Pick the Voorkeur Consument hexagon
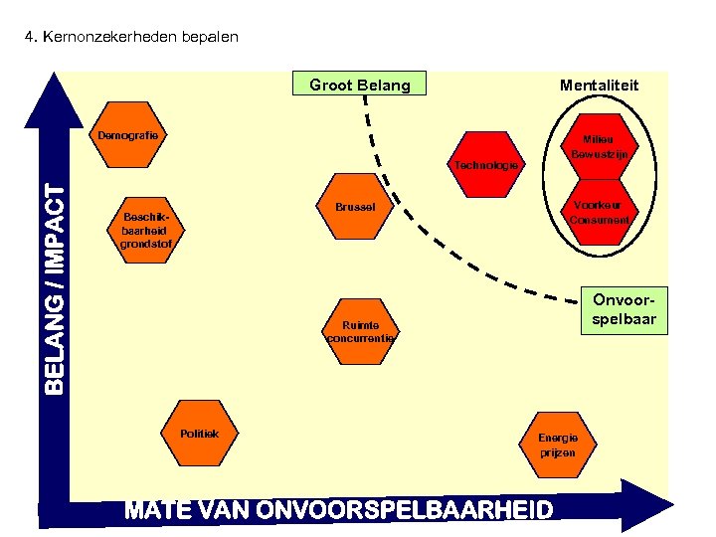[x=599, y=212]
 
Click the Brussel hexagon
[x=355, y=209]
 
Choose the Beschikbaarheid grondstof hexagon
[x=146, y=230]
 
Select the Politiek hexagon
[x=206, y=435]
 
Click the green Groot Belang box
[x=359, y=85]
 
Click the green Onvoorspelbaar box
[x=625, y=309]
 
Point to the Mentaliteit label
[x=599, y=86]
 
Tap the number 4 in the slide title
[x=29, y=38]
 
